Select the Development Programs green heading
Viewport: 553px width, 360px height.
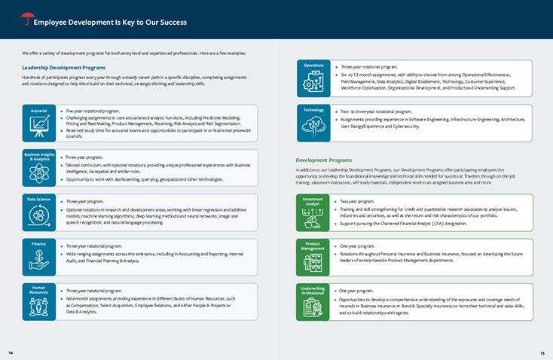(323, 160)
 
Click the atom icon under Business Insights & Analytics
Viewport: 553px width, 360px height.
(38, 173)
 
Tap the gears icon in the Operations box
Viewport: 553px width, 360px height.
(313, 83)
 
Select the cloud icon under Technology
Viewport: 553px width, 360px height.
(313, 127)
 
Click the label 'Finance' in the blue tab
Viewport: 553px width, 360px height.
(38, 244)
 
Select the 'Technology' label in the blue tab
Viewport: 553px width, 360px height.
(313, 110)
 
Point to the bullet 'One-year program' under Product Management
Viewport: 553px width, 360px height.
(357, 246)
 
